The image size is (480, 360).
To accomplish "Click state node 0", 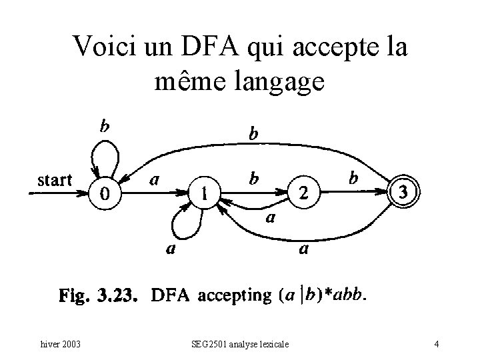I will click(x=105, y=193).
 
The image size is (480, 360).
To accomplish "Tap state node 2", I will click(x=304, y=193).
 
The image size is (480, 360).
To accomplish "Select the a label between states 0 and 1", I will click(x=154, y=179).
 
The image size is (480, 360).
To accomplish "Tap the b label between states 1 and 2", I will click(x=254, y=178).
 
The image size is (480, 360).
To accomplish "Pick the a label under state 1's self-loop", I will click(x=171, y=250).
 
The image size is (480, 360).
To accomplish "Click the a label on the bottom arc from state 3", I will click(x=303, y=250).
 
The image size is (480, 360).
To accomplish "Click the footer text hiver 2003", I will click(x=60, y=345).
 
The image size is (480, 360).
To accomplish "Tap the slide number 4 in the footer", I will click(x=435, y=345).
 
